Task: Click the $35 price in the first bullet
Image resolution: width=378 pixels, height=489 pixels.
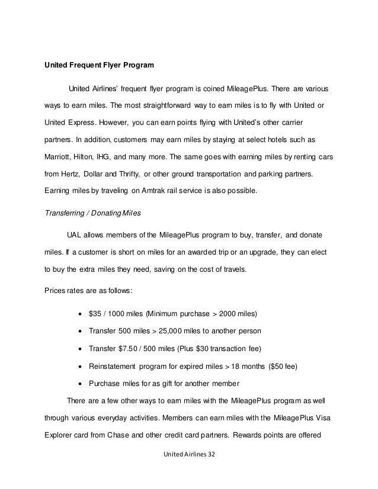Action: [94, 312]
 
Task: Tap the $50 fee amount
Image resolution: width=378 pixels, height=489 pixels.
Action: [273, 366]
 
